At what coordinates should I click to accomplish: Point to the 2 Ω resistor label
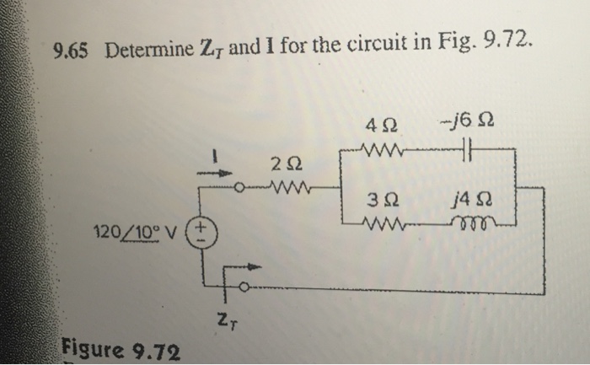[x=284, y=160]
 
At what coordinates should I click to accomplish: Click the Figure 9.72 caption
[x=119, y=347]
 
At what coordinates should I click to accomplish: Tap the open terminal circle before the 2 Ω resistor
[x=239, y=186]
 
